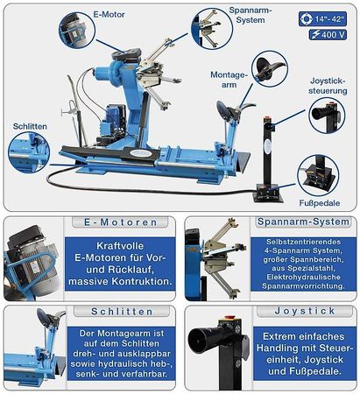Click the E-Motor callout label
[x=109, y=15]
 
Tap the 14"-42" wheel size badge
[x=322, y=19]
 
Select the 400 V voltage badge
[x=328, y=35]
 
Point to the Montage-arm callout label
[x=229, y=80]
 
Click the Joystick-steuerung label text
[x=328, y=86]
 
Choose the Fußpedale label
[x=320, y=203]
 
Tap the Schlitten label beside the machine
[x=30, y=126]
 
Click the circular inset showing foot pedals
[x=318, y=175]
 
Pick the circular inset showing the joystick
[x=327, y=116]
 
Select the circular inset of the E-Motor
[x=77, y=30]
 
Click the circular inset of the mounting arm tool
[x=270, y=69]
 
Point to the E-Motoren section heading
[x=120, y=222]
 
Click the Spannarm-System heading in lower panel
[x=303, y=222]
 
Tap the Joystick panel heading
[x=305, y=311]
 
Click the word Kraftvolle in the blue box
[x=120, y=246]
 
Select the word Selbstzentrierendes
[x=303, y=242]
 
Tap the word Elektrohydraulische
[x=303, y=277]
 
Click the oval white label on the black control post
[x=267, y=145]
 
